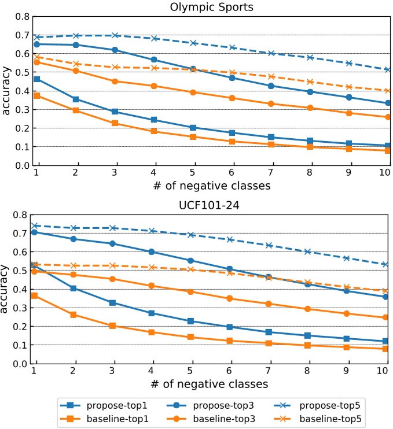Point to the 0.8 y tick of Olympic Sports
(21, 17)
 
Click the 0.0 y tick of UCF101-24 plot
(21, 364)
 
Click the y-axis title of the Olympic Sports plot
(6, 91)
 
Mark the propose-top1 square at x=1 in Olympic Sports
(36, 79)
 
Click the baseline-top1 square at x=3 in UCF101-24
(113, 326)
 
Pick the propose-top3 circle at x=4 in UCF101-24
(152, 252)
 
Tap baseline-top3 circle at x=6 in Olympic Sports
(232, 98)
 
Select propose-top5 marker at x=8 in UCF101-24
(308, 252)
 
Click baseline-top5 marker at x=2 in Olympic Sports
(75, 64)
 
